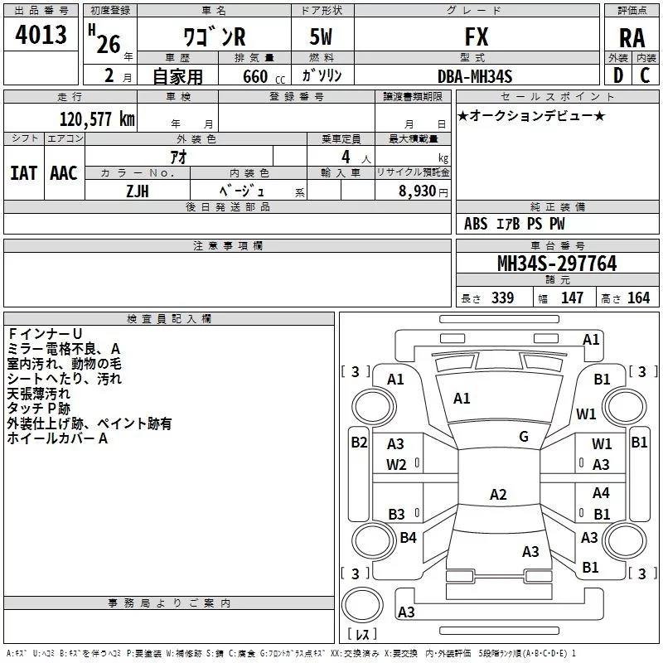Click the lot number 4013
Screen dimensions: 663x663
click(41, 34)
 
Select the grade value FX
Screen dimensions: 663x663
click(477, 36)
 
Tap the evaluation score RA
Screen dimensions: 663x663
click(632, 38)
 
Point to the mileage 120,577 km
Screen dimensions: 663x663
click(97, 119)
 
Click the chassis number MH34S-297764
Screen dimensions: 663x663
click(557, 264)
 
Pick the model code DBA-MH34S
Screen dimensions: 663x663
click(475, 76)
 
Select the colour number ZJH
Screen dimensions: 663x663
click(138, 191)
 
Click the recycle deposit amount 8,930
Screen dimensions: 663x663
click(417, 191)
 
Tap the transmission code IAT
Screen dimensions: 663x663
click(24, 173)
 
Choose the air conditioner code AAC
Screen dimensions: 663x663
click(64, 173)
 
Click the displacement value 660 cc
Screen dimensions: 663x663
click(264, 77)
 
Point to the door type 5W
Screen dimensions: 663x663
click(321, 36)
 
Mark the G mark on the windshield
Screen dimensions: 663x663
click(524, 437)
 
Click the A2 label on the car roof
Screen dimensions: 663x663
click(498, 494)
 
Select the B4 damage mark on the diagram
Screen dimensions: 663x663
click(408, 537)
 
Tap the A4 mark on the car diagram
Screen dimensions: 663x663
click(601, 492)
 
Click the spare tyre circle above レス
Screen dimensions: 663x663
click(362, 605)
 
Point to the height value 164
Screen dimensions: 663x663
click(638, 298)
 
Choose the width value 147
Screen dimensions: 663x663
click(572, 298)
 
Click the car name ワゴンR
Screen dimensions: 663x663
click(215, 36)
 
